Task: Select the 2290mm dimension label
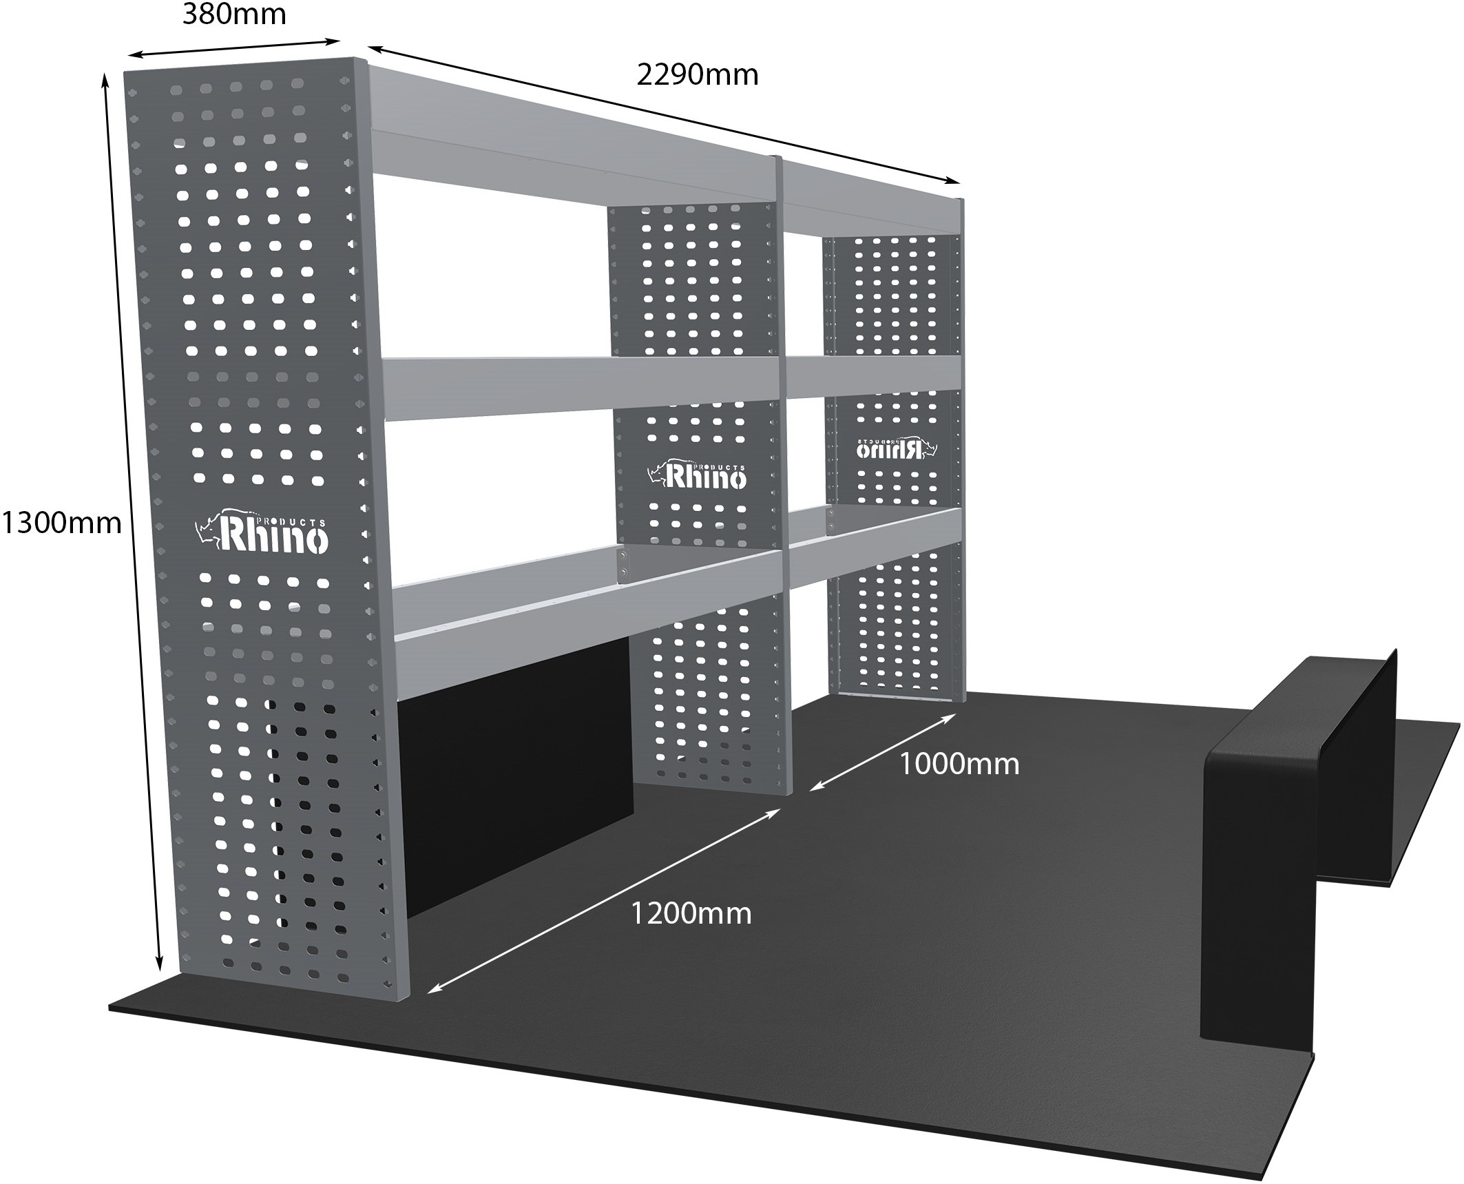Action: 697,74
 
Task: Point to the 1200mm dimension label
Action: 691,914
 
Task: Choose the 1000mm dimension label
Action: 959,764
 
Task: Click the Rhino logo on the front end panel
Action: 262,533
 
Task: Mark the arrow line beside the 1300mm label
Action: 132,523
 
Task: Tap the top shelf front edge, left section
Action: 572,162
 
